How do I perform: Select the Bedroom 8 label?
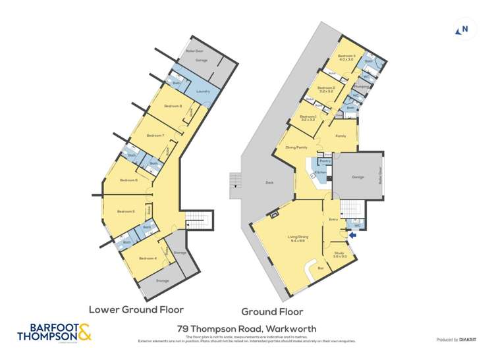[173, 106]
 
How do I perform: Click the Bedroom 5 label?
[126, 211]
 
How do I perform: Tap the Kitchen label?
[320, 172]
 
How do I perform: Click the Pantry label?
[325, 161]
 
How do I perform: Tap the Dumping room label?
[361, 86]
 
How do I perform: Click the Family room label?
[341, 136]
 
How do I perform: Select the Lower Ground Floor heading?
[136, 309]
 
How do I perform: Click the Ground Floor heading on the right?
[272, 311]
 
